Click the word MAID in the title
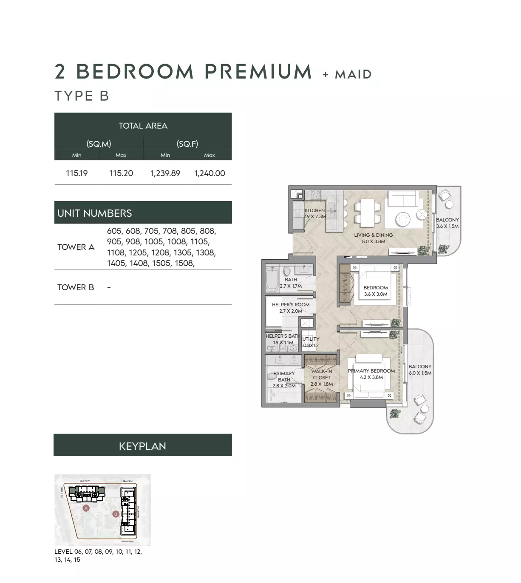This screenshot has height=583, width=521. tap(353, 75)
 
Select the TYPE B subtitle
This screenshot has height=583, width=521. tap(82, 96)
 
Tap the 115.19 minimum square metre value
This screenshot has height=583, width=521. tap(77, 173)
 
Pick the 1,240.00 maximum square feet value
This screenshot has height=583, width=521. tap(210, 173)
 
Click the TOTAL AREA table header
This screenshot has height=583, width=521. tap(143, 126)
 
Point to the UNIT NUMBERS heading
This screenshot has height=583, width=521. tap(95, 213)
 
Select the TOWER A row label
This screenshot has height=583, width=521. tap(76, 247)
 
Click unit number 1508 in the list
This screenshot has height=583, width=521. tap(184, 263)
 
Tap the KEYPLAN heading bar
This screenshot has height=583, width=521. tap(143, 446)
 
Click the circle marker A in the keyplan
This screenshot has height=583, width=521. tap(86, 508)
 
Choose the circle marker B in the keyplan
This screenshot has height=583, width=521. tap(115, 514)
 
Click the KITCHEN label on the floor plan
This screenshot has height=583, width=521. tap(314, 210)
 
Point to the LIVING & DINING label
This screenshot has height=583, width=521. tap(374, 235)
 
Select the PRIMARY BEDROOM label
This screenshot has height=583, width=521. tap(371, 371)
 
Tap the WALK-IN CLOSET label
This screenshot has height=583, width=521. tap(322, 374)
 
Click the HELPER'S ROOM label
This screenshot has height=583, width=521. tap(291, 305)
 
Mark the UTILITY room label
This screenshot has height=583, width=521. tap(311, 339)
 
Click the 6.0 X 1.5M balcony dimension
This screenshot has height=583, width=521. tap(420, 373)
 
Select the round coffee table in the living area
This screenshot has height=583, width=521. tap(402, 219)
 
